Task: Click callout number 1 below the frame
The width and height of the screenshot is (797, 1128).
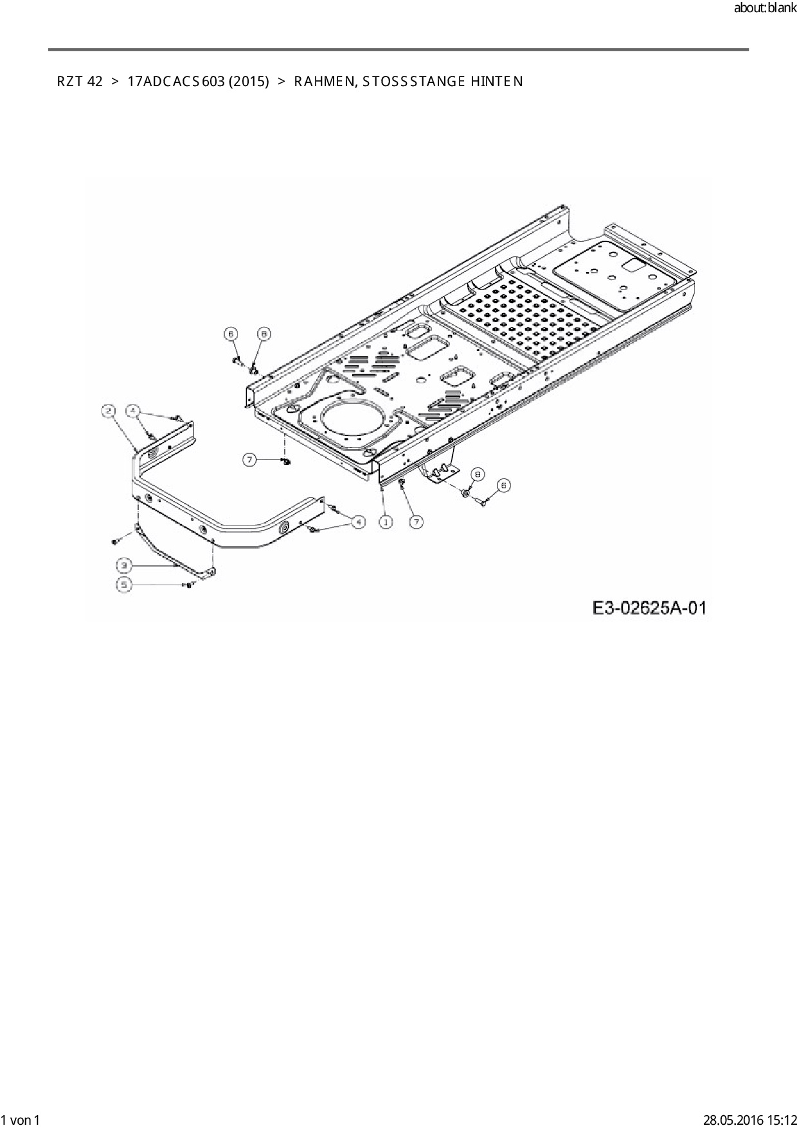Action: point(386,522)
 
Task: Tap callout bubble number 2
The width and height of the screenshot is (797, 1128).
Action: point(109,411)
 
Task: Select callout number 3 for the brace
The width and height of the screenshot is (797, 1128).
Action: point(124,565)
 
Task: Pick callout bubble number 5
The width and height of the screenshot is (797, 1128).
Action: point(124,585)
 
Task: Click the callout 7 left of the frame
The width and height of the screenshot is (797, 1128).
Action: point(249,459)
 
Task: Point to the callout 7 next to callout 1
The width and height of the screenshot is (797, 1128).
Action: point(416,522)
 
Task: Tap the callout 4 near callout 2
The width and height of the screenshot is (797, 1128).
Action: point(132,410)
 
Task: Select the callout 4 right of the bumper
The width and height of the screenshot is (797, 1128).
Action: point(358,522)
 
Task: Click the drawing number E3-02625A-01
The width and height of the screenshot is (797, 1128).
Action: point(649,607)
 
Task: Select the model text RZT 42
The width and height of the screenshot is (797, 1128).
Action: point(80,82)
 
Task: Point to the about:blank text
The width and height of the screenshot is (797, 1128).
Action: point(764,9)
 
